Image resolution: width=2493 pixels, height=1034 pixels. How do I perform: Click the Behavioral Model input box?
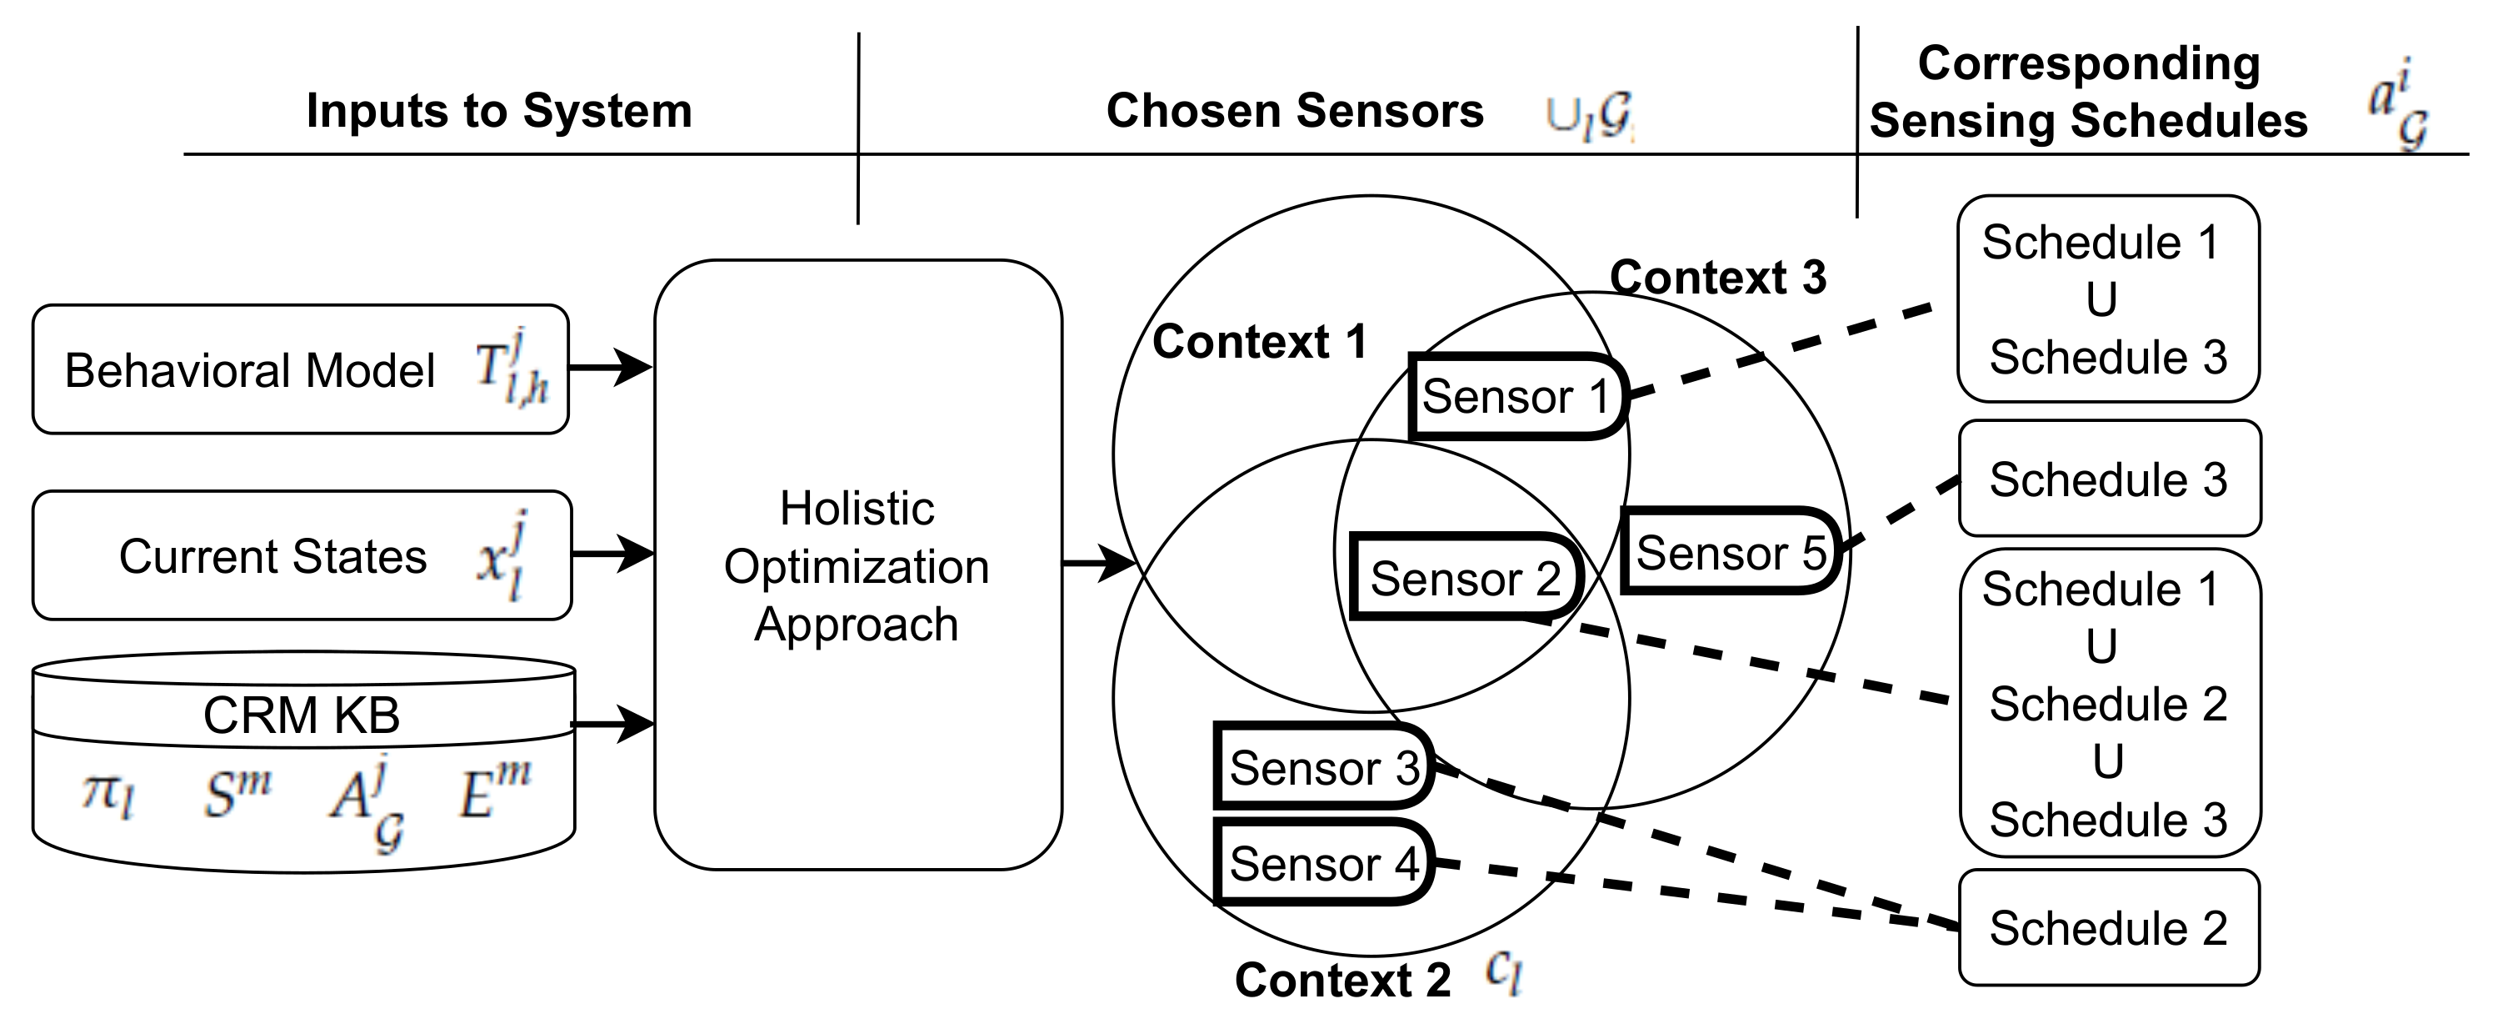(300, 370)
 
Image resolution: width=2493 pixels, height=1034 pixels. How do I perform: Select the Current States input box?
(302, 555)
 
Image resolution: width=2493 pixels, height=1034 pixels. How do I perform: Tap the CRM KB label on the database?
(301, 715)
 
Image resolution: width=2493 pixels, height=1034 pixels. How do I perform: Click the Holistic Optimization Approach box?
(857, 565)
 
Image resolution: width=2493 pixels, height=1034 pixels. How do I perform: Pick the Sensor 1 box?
(1516, 397)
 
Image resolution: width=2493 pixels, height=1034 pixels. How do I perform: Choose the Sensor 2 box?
(1465, 579)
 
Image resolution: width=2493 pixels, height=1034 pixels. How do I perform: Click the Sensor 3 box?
(1323, 768)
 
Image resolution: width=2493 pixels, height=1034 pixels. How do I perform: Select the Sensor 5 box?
(1730, 553)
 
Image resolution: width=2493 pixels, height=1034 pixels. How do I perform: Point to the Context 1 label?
(1259, 342)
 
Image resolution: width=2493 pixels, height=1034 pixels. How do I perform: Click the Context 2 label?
(1342, 980)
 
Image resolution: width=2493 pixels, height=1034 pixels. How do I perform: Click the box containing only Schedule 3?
(2109, 479)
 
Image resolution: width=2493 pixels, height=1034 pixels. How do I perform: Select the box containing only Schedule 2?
(2109, 928)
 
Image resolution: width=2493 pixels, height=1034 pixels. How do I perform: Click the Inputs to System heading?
(498, 110)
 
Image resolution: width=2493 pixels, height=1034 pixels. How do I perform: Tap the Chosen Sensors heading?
(1294, 110)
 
